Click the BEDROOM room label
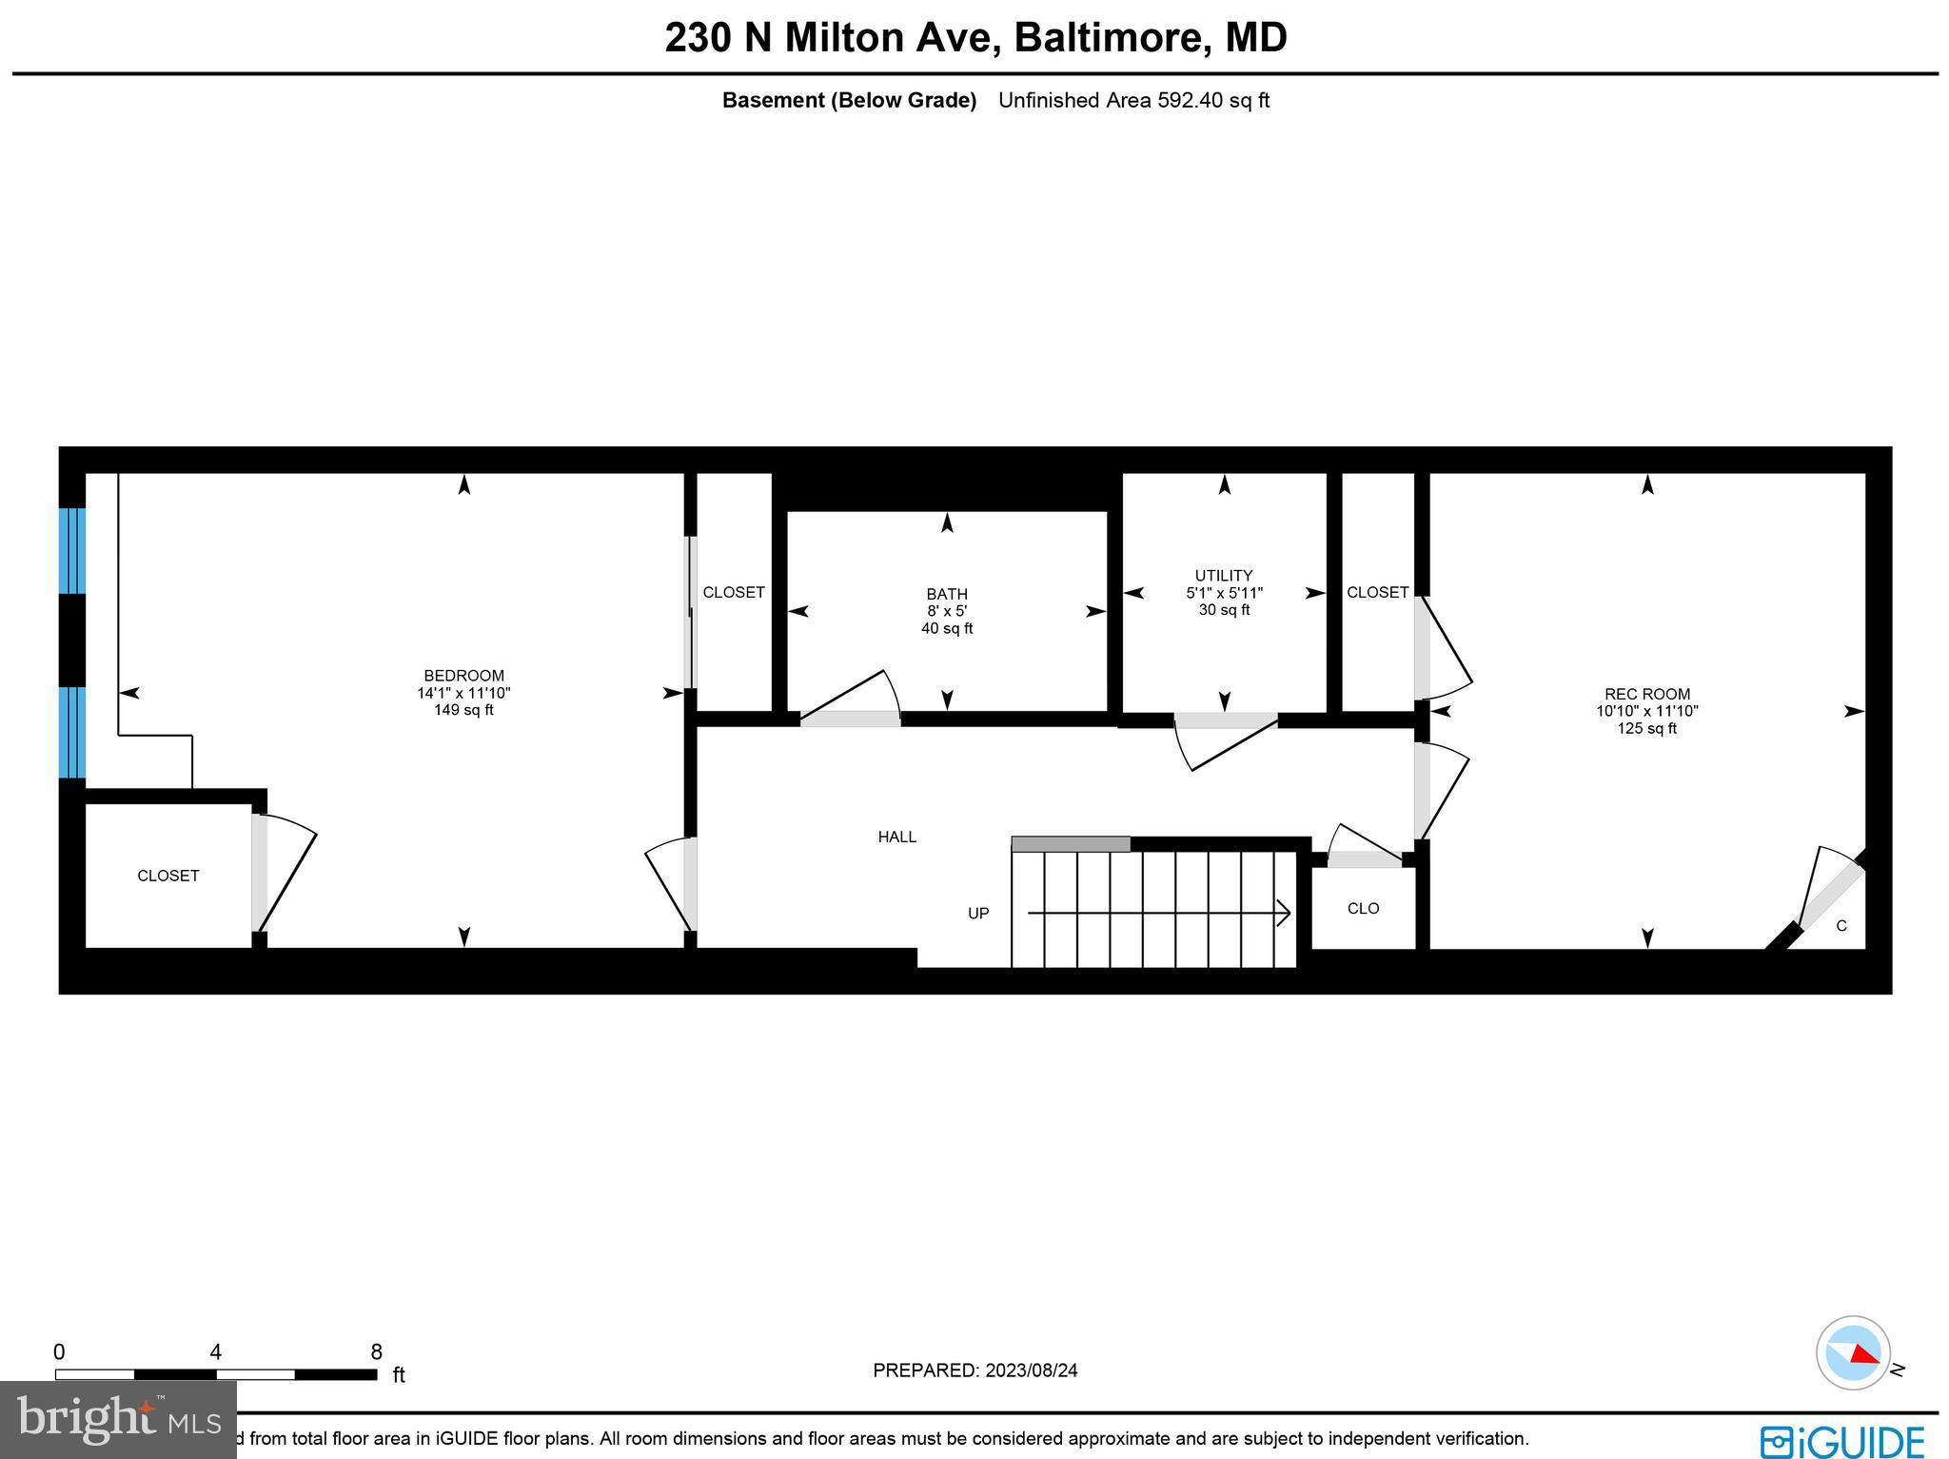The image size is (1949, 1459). coord(463,676)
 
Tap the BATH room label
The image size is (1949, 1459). coord(947,594)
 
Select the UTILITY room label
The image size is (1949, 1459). coord(1224,575)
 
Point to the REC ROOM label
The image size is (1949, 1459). coord(1647,694)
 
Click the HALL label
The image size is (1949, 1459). coord(896,837)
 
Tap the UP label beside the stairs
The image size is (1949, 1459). coord(978,913)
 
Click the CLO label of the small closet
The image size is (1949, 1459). coord(1363,908)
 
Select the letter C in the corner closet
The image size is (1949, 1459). coord(1841,926)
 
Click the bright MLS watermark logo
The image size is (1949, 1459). coord(118,1419)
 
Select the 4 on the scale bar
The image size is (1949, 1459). coord(216,1351)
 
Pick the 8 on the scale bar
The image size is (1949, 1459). coord(376,1351)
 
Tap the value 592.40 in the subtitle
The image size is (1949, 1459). coord(1190,100)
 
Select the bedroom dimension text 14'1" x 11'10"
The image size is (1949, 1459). coord(463,693)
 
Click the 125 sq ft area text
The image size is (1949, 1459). coord(1647,728)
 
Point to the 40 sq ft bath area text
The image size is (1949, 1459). coord(947,628)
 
